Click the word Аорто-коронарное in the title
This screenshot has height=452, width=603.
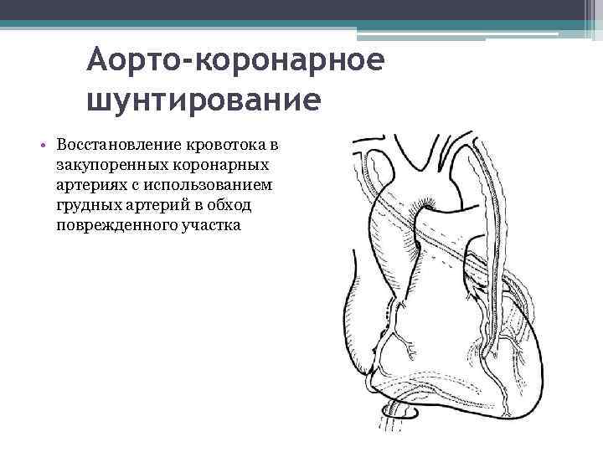[x=235, y=62]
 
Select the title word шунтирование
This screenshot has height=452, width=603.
[x=203, y=100]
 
